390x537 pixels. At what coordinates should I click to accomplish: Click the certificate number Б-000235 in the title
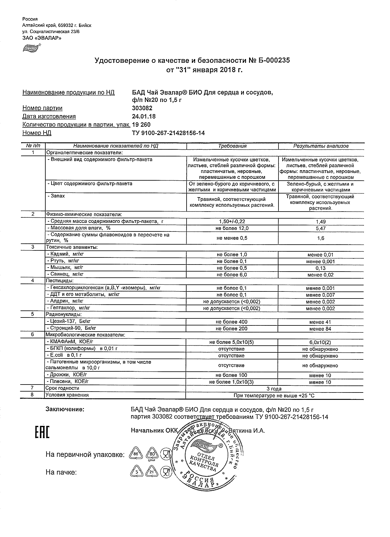point(273,60)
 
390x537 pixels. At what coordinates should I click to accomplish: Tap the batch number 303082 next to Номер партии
point(142,108)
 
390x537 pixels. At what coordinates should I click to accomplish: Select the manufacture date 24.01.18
point(143,116)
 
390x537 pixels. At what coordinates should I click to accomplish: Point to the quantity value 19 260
point(141,125)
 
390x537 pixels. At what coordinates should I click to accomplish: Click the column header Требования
point(232,146)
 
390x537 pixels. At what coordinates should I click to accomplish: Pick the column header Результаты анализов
point(321,146)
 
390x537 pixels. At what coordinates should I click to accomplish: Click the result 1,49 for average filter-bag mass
point(321,222)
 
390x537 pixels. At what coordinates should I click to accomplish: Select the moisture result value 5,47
point(321,228)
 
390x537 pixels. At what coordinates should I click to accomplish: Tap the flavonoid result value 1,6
point(321,238)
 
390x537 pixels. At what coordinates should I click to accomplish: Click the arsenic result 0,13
point(321,268)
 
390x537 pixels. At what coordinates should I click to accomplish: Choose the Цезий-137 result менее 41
point(320,322)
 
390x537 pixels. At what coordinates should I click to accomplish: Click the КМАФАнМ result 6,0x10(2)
point(320,342)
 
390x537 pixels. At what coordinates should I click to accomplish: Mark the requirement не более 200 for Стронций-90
point(232,329)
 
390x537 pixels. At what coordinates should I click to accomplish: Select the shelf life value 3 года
point(274,389)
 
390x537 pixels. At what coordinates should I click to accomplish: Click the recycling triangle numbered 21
point(151,472)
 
